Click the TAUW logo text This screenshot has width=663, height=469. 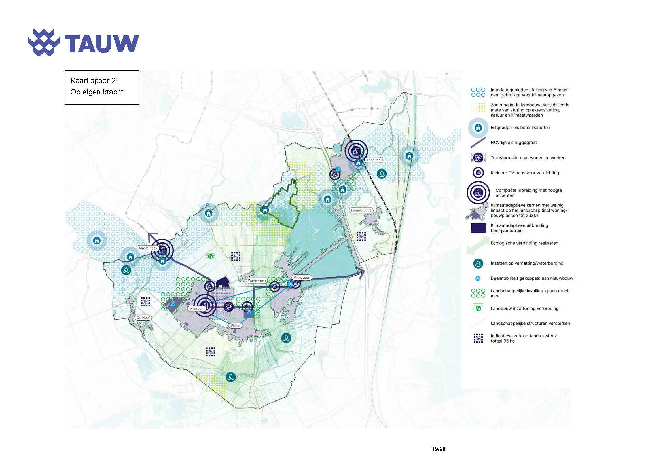point(102,44)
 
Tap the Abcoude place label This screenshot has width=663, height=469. point(373,160)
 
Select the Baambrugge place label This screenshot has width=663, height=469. point(361,210)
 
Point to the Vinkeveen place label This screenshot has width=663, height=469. point(302,278)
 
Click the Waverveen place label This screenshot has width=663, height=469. point(257,280)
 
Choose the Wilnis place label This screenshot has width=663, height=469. point(235,326)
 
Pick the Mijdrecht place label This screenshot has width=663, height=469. point(197,309)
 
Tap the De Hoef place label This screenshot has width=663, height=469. point(143,317)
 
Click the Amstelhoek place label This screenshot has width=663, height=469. point(148,248)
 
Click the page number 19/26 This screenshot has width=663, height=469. point(439,449)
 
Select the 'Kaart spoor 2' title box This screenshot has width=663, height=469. point(102,87)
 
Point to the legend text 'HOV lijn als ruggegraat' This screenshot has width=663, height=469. point(514,143)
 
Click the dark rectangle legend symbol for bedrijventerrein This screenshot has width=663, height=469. point(478,228)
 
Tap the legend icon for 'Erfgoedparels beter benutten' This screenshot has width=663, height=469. point(478,128)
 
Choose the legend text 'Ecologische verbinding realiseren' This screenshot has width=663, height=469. point(524,243)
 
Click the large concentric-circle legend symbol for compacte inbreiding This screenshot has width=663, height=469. point(478,193)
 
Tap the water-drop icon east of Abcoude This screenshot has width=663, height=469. point(382,173)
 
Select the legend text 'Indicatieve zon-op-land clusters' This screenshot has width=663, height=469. point(524,336)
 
